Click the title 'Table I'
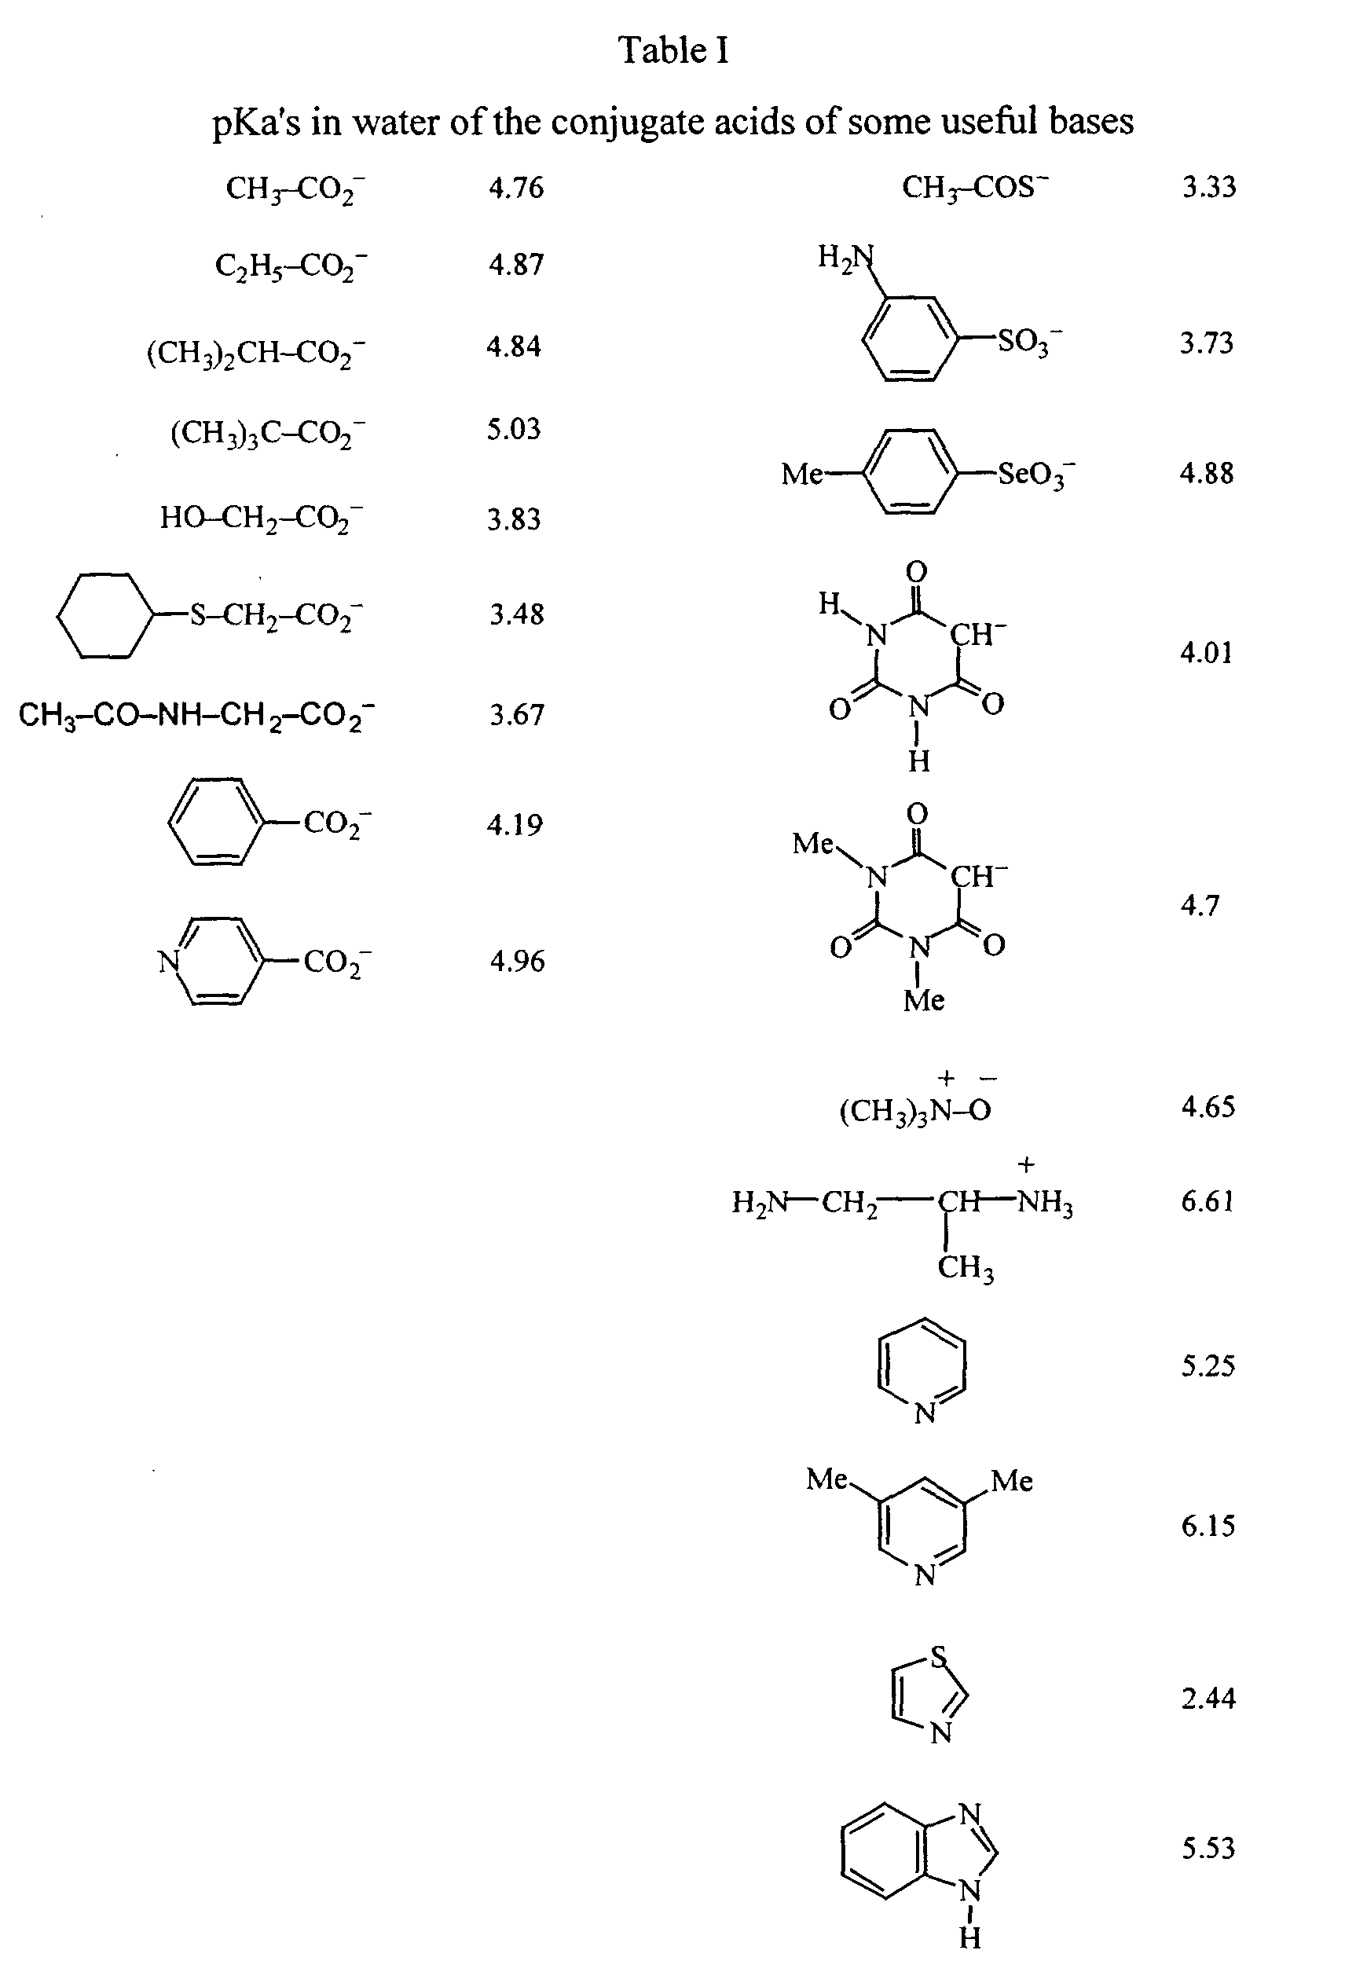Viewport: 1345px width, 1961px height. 673,50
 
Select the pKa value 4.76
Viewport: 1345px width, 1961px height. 516,187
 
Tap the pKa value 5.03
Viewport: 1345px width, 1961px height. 513,430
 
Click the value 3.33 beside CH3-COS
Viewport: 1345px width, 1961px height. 1208,187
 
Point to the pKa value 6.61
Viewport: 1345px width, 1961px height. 1208,1200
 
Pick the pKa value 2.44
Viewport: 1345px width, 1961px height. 1208,1698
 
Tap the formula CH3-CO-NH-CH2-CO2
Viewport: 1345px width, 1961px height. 196,716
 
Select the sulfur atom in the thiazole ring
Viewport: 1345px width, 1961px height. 938,1656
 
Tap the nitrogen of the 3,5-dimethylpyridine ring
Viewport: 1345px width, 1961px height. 925,1575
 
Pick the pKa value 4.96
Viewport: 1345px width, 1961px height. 517,961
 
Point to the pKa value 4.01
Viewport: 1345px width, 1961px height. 1206,652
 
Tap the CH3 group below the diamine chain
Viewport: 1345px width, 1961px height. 966,1267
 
